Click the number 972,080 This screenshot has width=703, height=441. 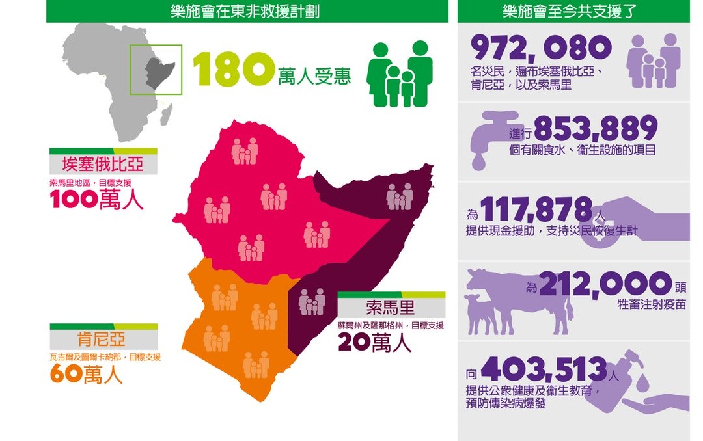541,47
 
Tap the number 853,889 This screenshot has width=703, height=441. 595,128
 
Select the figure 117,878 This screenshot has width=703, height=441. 536,209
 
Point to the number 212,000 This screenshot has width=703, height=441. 605,284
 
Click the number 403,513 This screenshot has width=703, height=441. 544,369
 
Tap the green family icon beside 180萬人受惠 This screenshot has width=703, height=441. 400,74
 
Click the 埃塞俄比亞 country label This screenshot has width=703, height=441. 103,163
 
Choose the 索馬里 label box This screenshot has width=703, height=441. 391,307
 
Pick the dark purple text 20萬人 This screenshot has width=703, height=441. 374,341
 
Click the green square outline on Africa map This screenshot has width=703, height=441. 156,69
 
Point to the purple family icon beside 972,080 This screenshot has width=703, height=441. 653,60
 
